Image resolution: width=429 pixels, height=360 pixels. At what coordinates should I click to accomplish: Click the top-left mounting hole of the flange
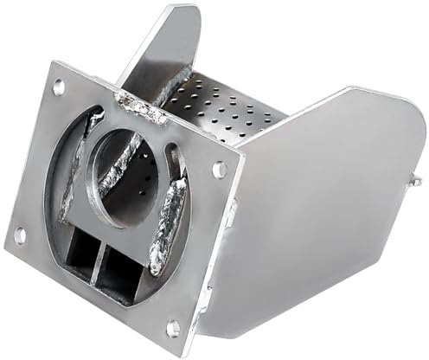pos(59,87)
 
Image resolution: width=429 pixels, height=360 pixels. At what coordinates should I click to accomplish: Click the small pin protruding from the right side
pos(417,183)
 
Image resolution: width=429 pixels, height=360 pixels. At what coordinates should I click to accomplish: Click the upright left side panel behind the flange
pos(169,43)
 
